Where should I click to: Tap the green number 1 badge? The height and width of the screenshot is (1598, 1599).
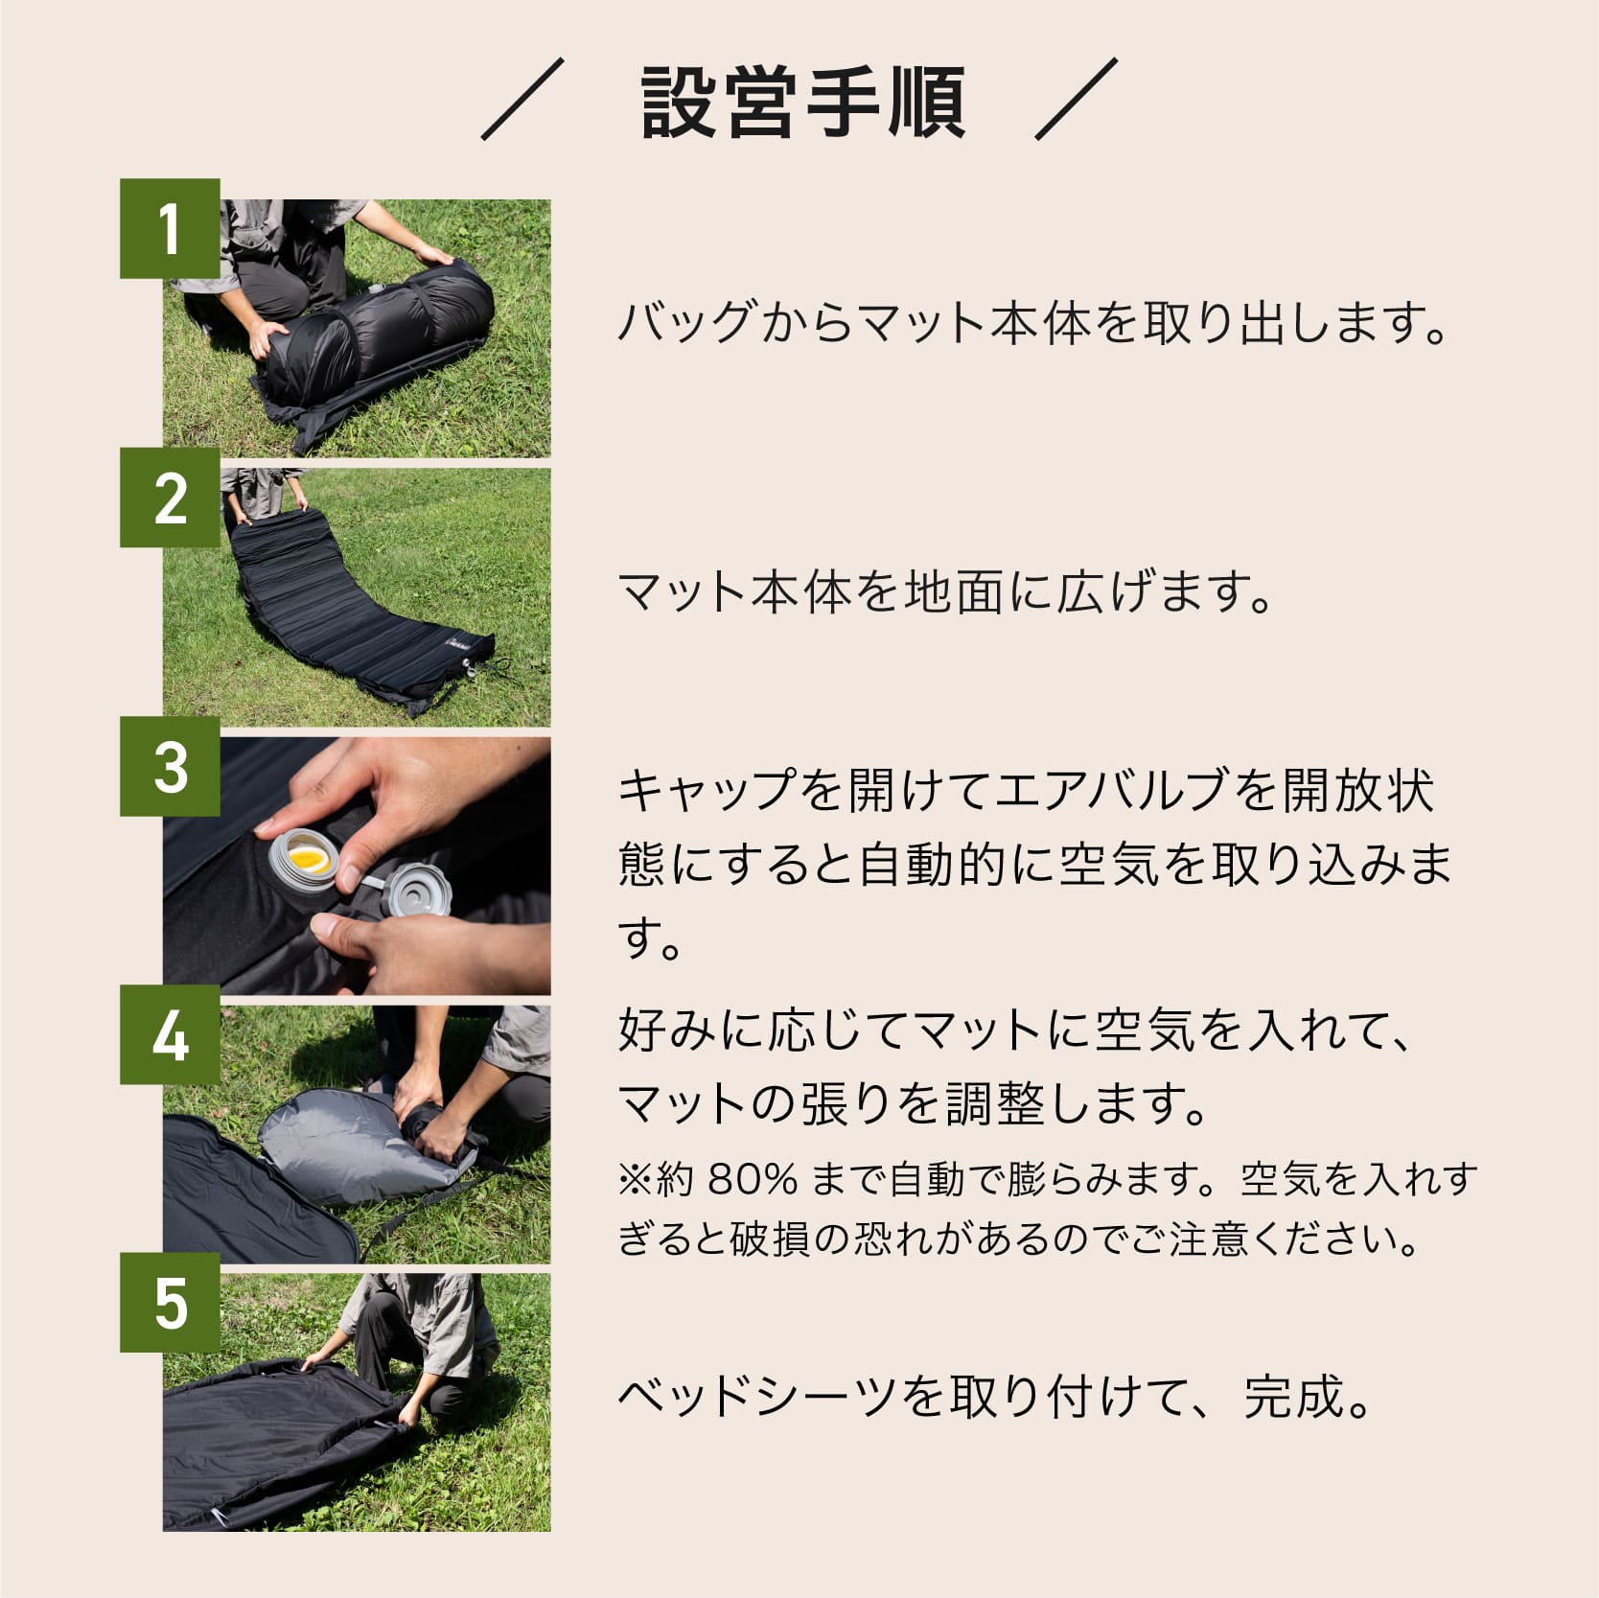tap(170, 228)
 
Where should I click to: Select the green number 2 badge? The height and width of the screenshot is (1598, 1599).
tap(170, 498)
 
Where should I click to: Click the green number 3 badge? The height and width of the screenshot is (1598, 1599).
tap(170, 767)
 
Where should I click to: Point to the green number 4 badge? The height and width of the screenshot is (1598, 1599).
tap(170, 1035)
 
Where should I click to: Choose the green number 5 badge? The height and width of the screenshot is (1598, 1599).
tap(170, 1304)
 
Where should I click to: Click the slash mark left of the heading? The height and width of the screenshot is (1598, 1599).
tap(522, 100)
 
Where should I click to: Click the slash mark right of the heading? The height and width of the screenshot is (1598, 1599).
tap(1077, 100)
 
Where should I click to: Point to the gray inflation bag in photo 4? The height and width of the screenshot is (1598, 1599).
tap(336, 1150)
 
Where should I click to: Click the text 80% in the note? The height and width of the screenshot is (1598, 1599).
tap(753, 1179)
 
